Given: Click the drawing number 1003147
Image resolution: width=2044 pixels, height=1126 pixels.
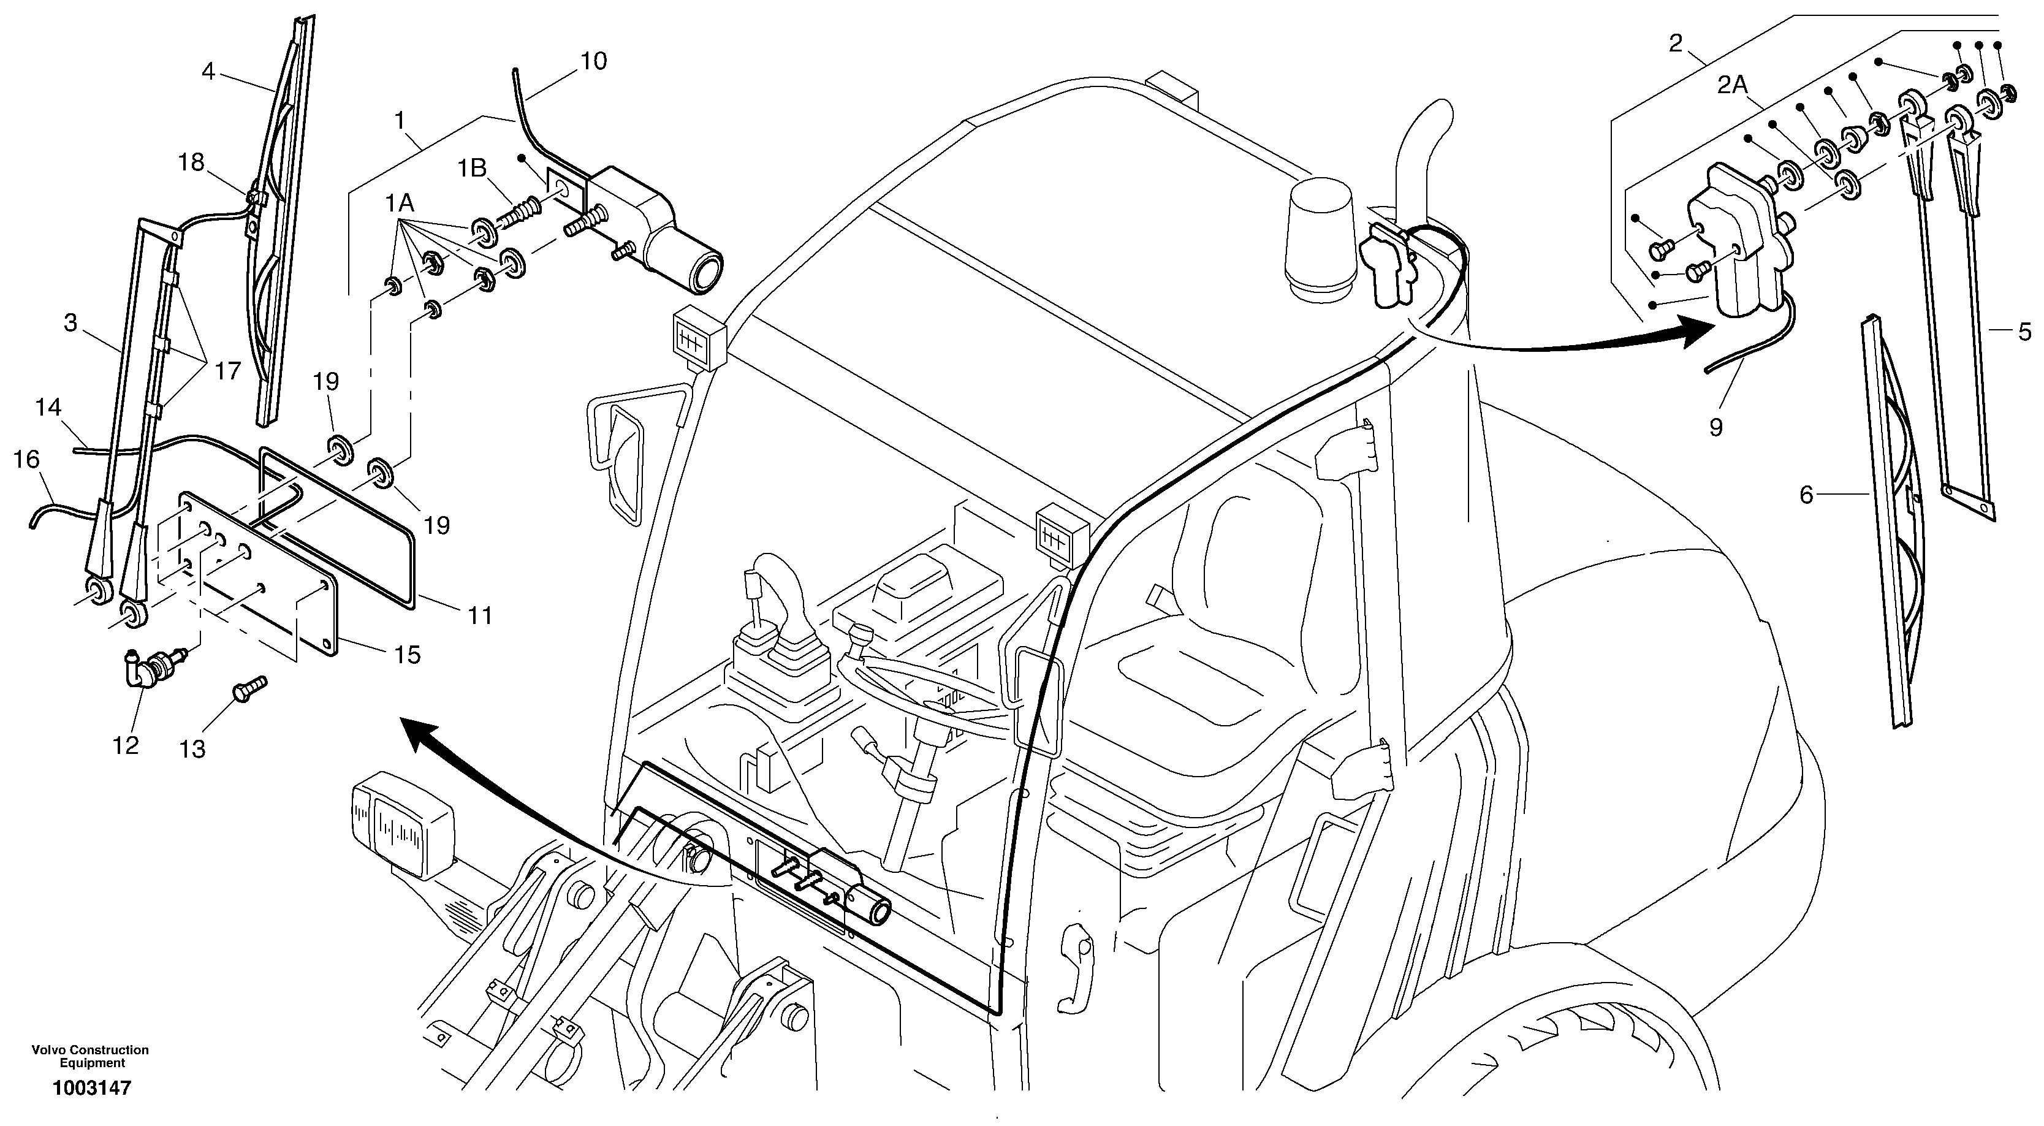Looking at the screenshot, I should coord(91,1088).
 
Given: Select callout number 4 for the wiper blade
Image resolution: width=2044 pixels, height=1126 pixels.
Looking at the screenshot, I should coord(208,72).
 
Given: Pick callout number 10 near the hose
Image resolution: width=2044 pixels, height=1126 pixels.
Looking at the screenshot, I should coord(593,61).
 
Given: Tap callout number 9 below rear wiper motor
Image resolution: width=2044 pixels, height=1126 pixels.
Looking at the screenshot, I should coord(1715,428).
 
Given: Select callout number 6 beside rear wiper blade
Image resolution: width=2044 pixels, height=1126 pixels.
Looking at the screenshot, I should coord(1806,495).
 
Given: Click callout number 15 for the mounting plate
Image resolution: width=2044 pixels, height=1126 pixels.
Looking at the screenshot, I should coord(407,655).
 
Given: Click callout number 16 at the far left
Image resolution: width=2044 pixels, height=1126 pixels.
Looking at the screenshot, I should coord(26,460).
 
